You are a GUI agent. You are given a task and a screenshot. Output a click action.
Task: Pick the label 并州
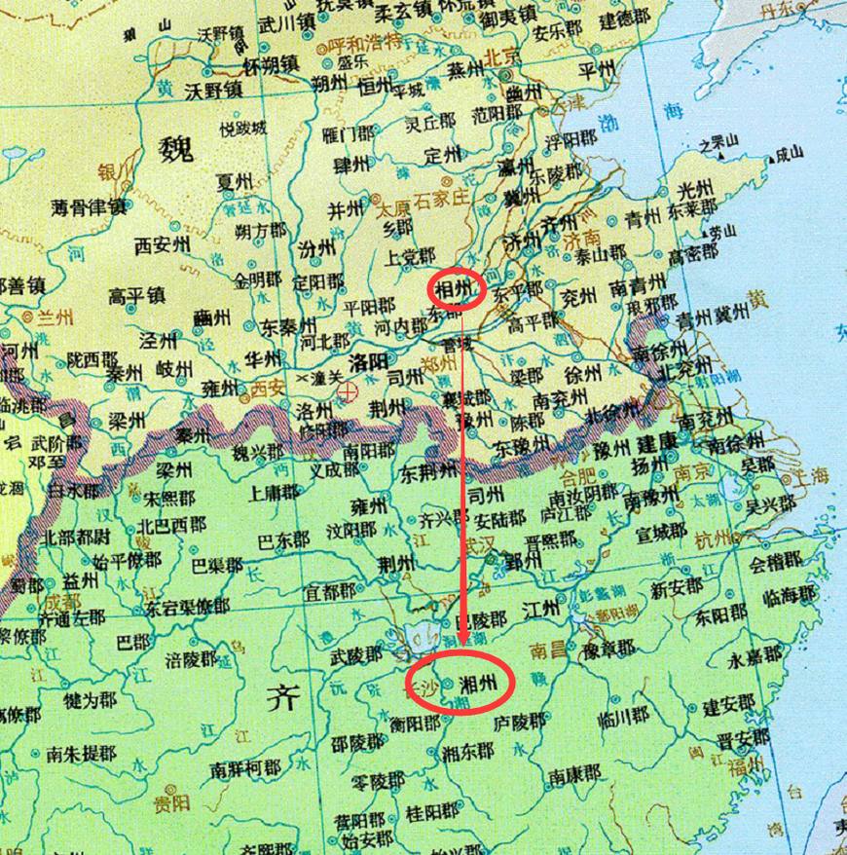pyautogui.click(x=345, y=209)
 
